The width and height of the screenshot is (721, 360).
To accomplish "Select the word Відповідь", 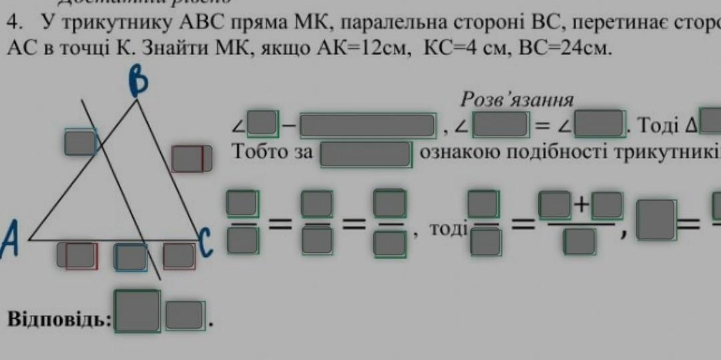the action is click(59, 319).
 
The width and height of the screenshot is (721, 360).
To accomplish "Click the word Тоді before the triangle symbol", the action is click(662, 125).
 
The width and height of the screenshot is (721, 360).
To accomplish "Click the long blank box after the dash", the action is click(367, 126).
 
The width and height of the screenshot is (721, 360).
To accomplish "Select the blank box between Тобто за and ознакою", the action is click(365, 153).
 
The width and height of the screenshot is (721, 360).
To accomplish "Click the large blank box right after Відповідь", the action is click(138, 311).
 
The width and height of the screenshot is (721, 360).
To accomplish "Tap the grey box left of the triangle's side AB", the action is click(81, 142).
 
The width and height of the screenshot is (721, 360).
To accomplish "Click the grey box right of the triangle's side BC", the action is click(191, 159).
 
